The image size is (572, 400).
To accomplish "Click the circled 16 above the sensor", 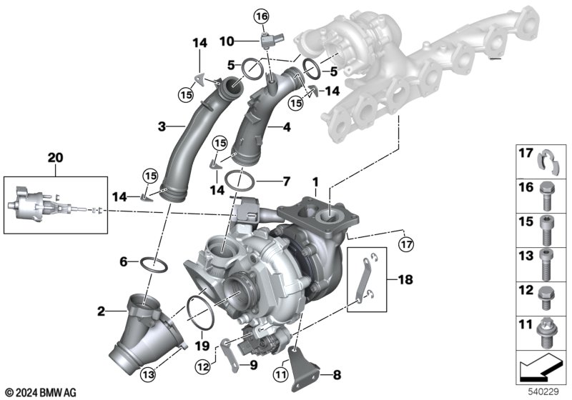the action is click(x=262, y=16).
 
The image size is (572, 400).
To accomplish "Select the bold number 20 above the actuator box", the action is click(x=56, y=158).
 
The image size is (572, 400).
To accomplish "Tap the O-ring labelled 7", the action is click(x=240, y=180).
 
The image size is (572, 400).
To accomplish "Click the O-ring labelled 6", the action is click(x=154, y=265).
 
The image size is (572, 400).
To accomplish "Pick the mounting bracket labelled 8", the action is click(x=302, y=368).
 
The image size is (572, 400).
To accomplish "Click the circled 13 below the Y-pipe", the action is click(x=148, y=374).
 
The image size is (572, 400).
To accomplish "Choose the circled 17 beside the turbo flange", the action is click(x=406, y=244).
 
